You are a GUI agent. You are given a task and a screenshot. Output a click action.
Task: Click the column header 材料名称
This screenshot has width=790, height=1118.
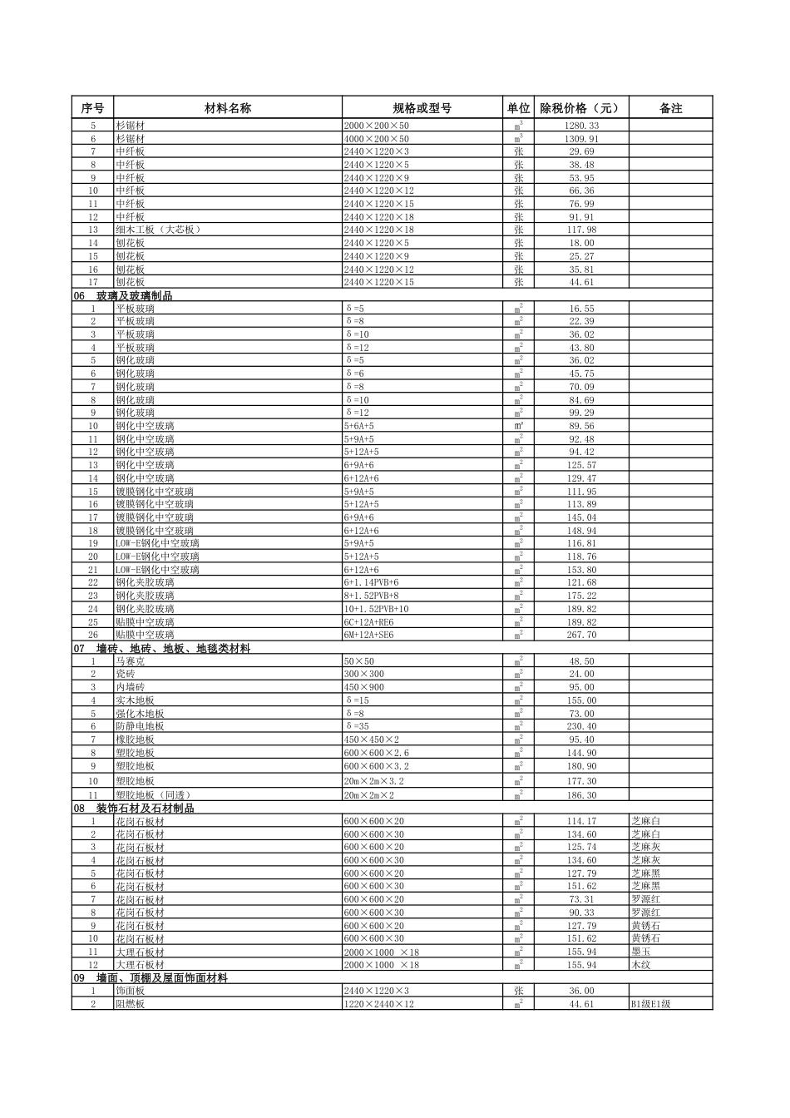click(228, 108)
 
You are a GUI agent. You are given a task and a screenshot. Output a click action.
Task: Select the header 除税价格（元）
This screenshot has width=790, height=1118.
click(580, 108)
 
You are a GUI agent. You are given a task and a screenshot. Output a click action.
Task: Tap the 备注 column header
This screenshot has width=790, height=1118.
click(670, 108)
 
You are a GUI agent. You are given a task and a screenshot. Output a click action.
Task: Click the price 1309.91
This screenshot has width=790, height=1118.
click(581, 139)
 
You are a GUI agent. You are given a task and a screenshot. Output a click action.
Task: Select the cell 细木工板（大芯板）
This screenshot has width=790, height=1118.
click(159, 230)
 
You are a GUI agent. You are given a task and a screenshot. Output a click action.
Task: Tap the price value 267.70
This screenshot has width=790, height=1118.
click(581, 635)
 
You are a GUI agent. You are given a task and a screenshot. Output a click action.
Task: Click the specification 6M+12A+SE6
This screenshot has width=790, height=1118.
click(368, 635)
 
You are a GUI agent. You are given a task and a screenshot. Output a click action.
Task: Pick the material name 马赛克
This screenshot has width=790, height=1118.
click(130, 661)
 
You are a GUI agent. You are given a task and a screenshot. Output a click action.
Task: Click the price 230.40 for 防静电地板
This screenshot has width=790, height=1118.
click(581, 726)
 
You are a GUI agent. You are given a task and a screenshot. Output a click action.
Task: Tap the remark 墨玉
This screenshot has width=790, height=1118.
click(640, 952)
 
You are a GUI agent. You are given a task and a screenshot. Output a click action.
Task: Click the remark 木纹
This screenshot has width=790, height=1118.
click(640, 965)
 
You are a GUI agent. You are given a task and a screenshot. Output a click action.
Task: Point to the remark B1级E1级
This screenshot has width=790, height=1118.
click(650, 1004)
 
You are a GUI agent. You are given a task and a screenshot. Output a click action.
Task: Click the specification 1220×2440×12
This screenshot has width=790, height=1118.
click(378, 1004)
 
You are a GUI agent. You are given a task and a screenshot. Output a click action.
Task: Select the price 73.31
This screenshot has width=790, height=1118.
click(581, 899)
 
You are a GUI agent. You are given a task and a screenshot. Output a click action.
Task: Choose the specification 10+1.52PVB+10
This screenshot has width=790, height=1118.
click(376, 609)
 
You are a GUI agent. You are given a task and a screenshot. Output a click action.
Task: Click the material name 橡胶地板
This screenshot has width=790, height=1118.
click(135, 740)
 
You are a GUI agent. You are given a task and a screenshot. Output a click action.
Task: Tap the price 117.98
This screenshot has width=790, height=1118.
click(581, 230)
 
